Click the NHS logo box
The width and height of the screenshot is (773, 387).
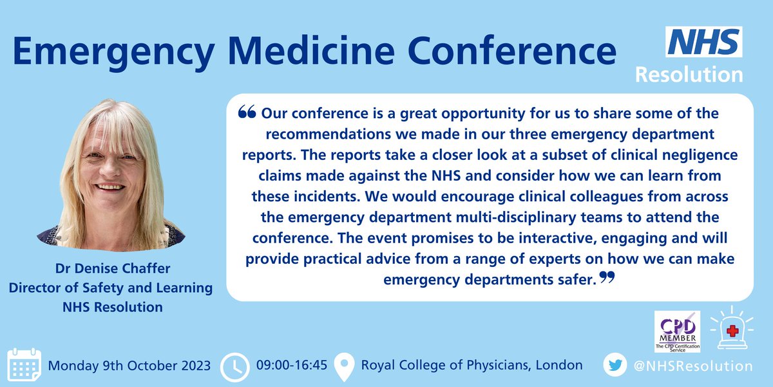click(704, 42)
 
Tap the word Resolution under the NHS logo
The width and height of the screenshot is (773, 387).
click(689, 74)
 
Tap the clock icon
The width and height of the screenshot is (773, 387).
click(235, 366)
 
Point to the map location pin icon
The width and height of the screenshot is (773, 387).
click(345, 366)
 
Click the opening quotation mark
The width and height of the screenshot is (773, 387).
click(247, 113)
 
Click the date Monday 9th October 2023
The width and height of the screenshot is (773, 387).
click(129, 366)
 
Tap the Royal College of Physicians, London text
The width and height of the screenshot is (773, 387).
click(472, 366)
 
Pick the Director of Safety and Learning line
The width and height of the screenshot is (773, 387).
click(110, 288)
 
